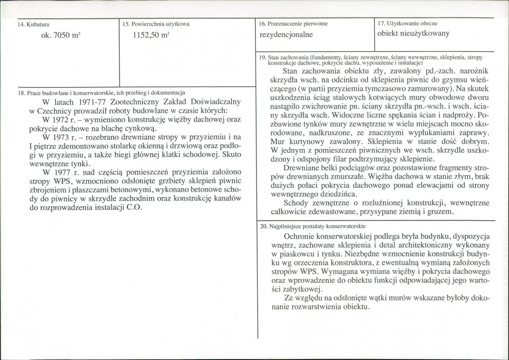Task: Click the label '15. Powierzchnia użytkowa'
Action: (156, 25)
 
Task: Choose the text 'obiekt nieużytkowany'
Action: (413, 34)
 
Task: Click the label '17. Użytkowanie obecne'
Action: (407, 23)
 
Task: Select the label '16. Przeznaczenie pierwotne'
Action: (293, 24)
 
